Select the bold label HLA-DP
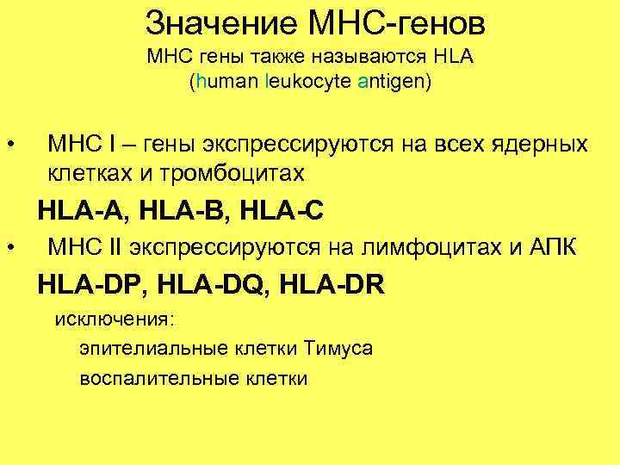coord(93,282)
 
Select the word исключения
coord(115,319)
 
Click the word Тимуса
coord(338,349)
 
